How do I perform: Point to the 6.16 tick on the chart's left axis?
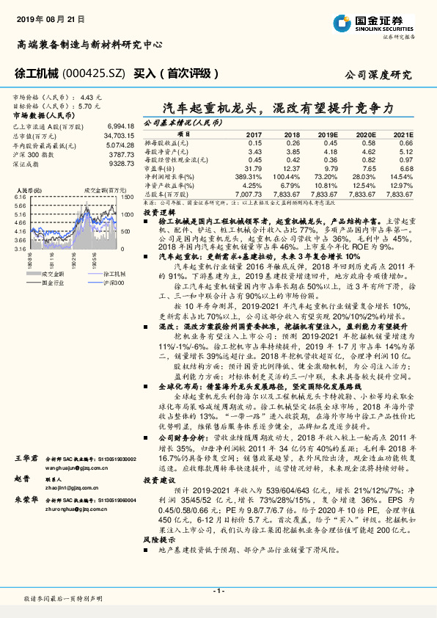point(21,197)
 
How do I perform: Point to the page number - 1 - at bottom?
point(218,590)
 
